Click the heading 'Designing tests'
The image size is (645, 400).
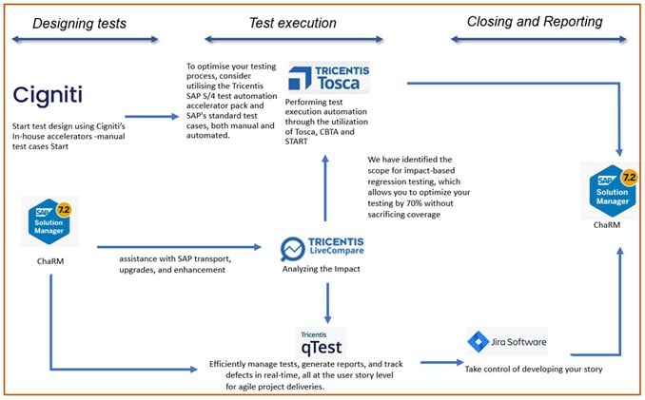click(81, 23)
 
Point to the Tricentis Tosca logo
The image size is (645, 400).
click(328, 79)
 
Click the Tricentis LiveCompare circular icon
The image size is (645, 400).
click(291, 249)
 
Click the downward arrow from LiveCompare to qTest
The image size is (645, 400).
click(326, 302)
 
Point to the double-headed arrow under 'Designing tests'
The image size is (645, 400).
click(84, 39)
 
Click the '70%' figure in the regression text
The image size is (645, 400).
click(440, 202)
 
